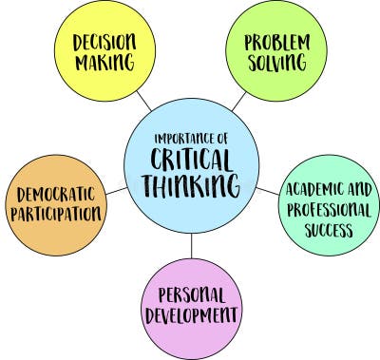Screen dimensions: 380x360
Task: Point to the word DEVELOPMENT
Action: (193, 316)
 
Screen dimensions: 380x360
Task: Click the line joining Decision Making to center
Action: (143, 98)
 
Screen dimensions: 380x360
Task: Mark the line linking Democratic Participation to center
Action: (114, 192)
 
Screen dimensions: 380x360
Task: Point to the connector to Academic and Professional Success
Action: (269, 192)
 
